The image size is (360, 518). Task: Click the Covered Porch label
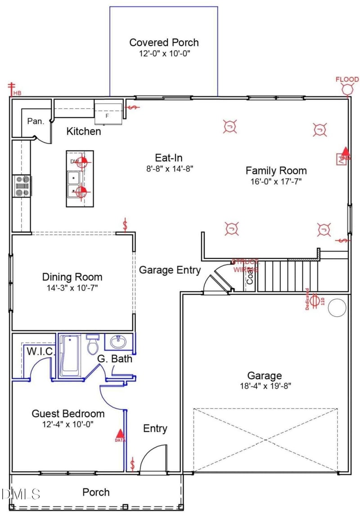(x=164, y=43)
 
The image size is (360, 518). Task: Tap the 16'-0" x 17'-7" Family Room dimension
(x=276, y=181)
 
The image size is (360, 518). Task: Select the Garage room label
(x=265, y=375)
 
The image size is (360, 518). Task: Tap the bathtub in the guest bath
(x=70, y=356)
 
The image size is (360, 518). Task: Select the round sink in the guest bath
(x=119, y=342)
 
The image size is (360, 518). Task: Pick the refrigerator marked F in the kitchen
(x=108, y=113)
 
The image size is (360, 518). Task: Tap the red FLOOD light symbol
(x=347, y=89)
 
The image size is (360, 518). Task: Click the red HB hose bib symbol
(x=12, y=89)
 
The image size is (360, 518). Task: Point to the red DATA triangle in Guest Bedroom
(x=119, y=435)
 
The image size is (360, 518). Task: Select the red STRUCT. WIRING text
(x=245, y=266)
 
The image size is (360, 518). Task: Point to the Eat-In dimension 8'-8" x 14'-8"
(x=168, y=169)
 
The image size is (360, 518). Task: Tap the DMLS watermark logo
(x=21, y=494)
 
